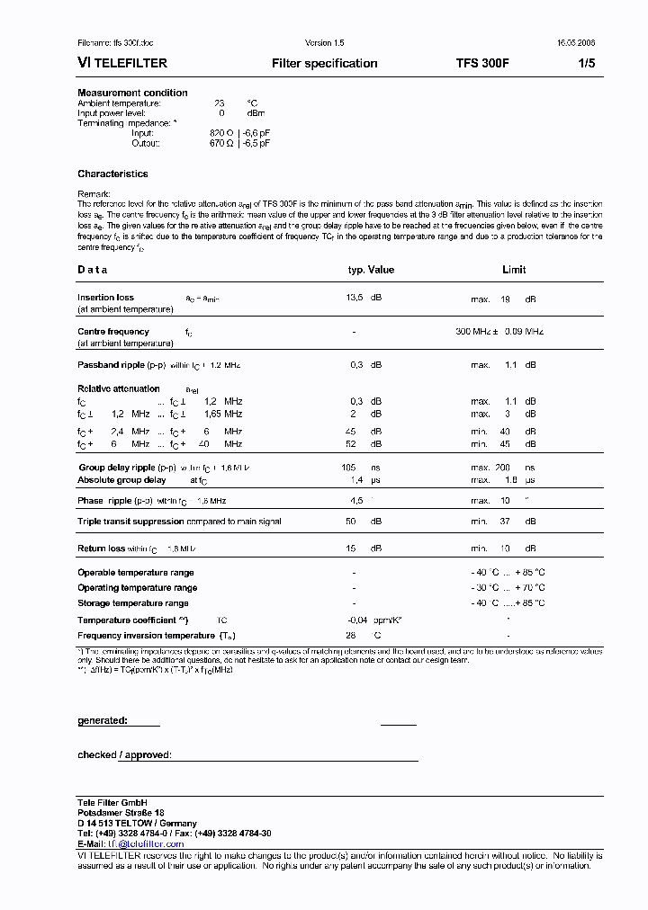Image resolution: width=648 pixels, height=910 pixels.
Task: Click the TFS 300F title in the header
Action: [482, 63]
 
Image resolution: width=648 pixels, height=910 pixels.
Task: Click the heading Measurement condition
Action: [132, 93]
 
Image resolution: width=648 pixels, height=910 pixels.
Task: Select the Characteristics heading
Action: [112, 174]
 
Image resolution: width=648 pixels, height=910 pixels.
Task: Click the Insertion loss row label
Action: [105, 298]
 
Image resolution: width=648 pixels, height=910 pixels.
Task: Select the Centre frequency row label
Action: [113, 332]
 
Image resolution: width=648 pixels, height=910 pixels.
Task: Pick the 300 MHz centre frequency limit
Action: [475, 332]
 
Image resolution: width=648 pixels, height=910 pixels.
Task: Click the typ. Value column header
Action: [371, 270]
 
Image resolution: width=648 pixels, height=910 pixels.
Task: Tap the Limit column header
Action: [514, 270]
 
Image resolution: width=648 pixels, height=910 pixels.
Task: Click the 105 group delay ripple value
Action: [349, 468]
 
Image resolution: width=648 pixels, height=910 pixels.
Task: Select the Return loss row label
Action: [101, 549]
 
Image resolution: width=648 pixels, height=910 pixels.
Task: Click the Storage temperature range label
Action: [133, 603]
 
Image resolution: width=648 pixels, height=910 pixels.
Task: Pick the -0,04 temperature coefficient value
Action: [358, 620]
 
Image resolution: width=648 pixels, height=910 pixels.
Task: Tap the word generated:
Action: [103, 720]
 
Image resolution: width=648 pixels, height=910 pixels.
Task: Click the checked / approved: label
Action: [124, 755]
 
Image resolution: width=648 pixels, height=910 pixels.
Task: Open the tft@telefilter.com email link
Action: [145, 844]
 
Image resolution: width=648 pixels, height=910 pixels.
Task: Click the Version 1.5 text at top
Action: [325, 43]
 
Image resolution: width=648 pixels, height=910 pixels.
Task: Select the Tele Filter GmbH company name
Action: [112, 802]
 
